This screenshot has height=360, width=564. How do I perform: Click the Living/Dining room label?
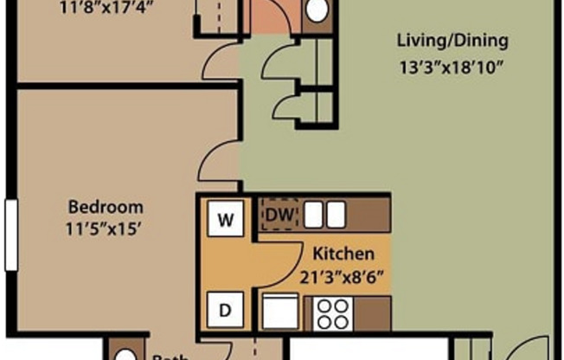pos(452,41)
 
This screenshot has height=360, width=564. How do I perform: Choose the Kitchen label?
pos(343,254)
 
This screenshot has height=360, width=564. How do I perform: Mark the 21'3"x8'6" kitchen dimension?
pos(343,277)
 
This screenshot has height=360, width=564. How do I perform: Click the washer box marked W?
pos(225,220)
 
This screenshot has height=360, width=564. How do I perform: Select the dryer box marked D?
pos(225,309)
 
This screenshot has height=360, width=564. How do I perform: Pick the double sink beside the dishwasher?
pos(324,215)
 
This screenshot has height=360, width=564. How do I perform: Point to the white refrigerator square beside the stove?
pos(280,312)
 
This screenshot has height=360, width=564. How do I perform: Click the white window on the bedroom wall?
pos(10,235)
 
